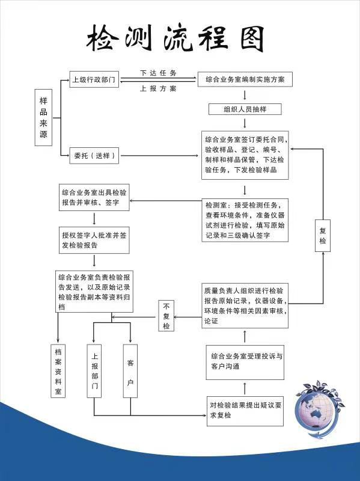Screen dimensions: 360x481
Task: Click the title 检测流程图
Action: [175, 39]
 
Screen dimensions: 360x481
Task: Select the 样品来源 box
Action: [43, 117]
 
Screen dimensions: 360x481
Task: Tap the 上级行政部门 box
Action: [94, 79]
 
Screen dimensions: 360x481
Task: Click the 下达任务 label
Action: [158, 73]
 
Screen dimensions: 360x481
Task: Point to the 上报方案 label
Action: [158, 88]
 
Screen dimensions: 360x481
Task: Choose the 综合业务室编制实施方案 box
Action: [245, 79]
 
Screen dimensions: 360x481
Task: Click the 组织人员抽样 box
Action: [245, 109]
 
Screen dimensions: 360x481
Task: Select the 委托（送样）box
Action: [94, 155]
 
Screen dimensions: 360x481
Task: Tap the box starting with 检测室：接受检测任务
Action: [245, 220]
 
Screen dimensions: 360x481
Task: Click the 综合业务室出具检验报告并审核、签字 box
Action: [94, 197]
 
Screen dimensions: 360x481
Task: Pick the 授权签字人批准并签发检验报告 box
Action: [94, 240]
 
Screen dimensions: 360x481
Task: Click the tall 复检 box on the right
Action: [323, 236]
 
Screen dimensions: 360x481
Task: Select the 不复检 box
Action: [166, 316]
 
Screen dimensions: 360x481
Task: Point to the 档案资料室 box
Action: [58, 371]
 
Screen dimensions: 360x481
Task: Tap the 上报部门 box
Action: [94, 371]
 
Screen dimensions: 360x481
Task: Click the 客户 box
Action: [130, 371]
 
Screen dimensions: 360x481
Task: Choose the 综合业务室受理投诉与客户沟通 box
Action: [245, 362]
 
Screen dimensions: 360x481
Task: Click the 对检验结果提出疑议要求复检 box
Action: [245, 411]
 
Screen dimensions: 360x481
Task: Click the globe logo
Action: [319, 409]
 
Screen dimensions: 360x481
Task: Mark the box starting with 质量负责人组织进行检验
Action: [245, 305]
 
